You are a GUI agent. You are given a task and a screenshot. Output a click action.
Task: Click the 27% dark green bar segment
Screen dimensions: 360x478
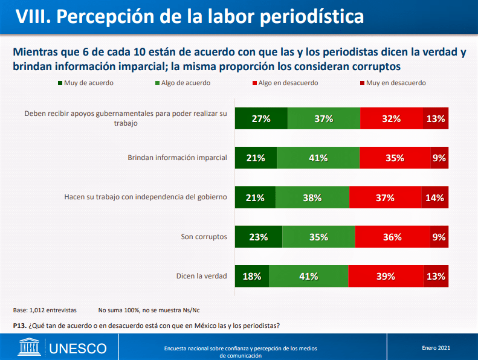pyautogui.click(x=260, y=118)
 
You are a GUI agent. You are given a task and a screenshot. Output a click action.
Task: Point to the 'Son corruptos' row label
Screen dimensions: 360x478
pyautogui.click(x=204, y=237)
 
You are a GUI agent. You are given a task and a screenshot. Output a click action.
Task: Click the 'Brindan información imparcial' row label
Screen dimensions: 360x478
pyautogui.click(x=177, y=158)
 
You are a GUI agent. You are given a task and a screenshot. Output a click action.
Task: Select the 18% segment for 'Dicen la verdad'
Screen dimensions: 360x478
pyautogui.click(x=251, y=276)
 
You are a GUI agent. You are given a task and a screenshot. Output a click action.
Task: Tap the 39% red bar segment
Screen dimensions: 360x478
pyautogui.click(x=385, y=276)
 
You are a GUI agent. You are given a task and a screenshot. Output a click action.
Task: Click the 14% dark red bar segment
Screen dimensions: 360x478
pyautogui.click(x=434, y=198)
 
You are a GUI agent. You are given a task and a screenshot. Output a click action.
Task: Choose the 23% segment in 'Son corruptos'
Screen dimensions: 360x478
pyautogui.click(x=257, y=237)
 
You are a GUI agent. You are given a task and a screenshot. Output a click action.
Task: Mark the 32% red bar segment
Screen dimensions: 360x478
pyautogui.click(x=391, y=118)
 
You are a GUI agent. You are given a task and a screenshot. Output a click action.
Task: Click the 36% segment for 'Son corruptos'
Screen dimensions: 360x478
pyautogui.click(x=392, y=237)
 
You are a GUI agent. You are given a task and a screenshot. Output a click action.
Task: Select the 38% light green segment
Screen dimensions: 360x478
pyautogui.click(x=312, y=198)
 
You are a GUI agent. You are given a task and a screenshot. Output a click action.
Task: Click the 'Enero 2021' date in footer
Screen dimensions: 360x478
pyautogui.click(x=436, y=347)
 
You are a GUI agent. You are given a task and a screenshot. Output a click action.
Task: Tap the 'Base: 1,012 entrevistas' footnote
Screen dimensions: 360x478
pyautogui.click(x=45, y=310)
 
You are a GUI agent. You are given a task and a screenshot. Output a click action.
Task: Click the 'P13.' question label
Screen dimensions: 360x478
pyautogui.click(x=19, y=326)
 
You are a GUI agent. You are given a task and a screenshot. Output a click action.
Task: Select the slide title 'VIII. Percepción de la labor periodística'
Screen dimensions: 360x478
pyautogui.click(x=189, y=16)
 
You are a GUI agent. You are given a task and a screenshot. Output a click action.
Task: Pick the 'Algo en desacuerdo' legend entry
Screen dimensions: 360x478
pyautogui.click(x=288, y=83)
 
